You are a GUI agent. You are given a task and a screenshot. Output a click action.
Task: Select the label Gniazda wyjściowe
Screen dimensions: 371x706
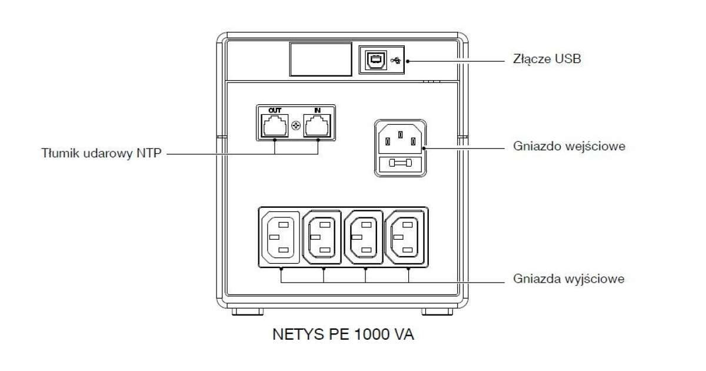[x=568, y=279]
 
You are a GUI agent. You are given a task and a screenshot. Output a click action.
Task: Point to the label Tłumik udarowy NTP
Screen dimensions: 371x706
[x=101, y=154]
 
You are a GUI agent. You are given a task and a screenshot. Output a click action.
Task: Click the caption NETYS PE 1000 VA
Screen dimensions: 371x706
[x=344, y=334]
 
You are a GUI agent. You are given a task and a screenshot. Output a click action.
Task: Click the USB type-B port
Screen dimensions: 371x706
[x=375, y=59]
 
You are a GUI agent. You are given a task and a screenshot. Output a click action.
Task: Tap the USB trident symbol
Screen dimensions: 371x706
[x=395, y=59]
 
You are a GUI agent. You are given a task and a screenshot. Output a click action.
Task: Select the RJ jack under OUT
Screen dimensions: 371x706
[x=275, y=125]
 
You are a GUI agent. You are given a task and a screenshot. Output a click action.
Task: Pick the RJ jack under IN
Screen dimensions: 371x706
[x=318, y=125]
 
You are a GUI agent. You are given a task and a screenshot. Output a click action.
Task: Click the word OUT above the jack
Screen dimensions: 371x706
[x=275, y=110]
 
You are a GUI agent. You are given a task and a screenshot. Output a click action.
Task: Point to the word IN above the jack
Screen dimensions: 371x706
[x=318, y=110]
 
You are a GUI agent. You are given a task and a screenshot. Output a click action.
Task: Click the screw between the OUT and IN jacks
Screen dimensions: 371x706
[x=296, y=125]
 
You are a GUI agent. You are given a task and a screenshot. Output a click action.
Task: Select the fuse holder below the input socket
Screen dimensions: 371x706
[x=400, y=165]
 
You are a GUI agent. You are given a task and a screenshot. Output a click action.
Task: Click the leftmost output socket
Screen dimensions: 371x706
[x=279, y=237]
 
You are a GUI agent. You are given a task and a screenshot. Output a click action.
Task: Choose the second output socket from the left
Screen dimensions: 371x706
[x=322, y=237]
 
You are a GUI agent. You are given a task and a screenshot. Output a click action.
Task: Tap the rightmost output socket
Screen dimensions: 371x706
[x=406, y=237]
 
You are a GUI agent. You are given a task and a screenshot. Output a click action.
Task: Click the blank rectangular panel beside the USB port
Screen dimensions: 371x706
[x=320, y=59]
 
